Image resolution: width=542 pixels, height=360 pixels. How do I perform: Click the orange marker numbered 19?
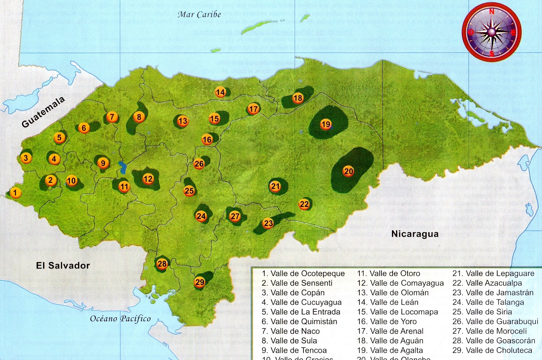(x=326, y=124)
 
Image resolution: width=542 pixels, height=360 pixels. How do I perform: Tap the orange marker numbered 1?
(x=15, y=193)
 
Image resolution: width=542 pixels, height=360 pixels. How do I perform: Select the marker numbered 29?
(x=200, y=282)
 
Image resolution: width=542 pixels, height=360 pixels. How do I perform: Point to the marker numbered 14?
(x=220, y=92)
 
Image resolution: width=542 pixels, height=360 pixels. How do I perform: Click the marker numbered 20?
(x=349, y=171)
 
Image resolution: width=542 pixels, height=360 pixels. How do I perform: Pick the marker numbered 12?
(x=148, y=179)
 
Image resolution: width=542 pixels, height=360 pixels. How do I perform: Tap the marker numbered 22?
(x=304, y=204)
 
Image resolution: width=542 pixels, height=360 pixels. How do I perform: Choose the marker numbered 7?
(x=112, y=117)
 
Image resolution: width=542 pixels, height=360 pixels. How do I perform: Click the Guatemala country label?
(x=43, y=112)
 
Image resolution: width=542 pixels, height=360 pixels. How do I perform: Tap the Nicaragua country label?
(x=415, y=234)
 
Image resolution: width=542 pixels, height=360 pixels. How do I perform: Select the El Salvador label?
(x=63, y=265)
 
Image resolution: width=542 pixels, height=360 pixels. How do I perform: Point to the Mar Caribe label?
(x=199, y=14)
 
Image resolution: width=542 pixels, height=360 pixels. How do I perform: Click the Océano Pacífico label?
(x=120, y=318)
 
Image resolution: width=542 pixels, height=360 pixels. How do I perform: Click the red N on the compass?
(x=492, y=12)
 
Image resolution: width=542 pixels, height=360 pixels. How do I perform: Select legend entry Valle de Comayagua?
(x=400, y=283)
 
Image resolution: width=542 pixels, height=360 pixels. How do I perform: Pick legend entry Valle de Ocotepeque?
(x=303, y=274)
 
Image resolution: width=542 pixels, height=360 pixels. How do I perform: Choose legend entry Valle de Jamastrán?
(x=493, y=293)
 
